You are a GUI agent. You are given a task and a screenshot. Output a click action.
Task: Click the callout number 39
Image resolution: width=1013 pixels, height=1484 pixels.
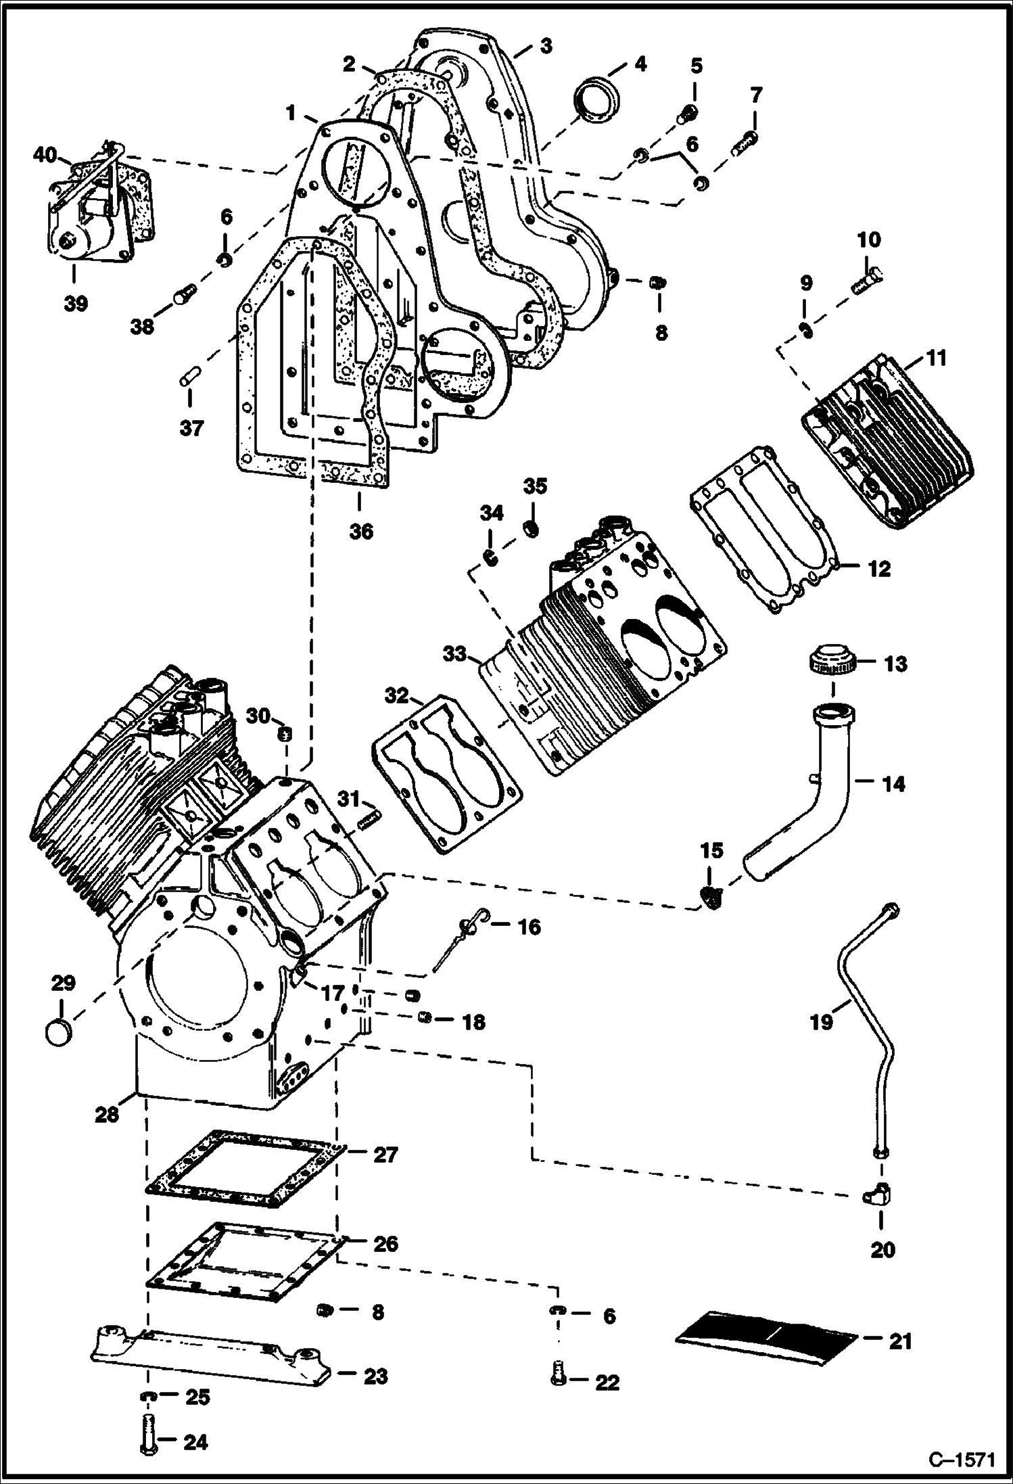click(76, 303)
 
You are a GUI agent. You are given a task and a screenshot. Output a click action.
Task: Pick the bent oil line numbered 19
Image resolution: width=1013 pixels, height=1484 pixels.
click(869, 1015)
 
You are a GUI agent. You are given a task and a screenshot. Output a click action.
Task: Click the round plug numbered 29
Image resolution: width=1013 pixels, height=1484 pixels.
click(58, 1034)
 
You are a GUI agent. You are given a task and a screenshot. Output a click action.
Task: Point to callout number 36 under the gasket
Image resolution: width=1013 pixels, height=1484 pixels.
click(360, 531)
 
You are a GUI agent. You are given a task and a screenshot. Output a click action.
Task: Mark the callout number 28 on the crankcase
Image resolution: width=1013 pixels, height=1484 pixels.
click(107, 1114)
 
